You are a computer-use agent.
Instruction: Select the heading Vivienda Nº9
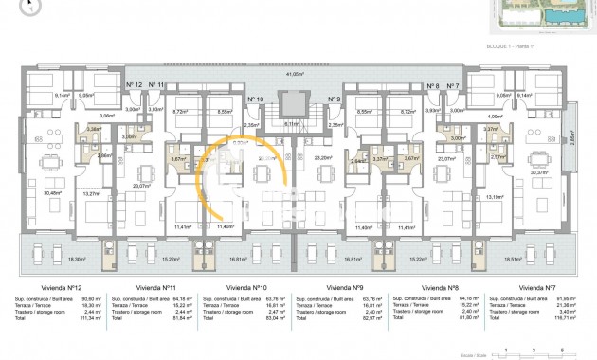pos(345,286)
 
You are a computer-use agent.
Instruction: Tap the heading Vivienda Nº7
pos(541,286)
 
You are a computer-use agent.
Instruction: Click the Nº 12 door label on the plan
pos(134,85)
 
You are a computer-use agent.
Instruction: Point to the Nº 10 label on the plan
pos(255,99)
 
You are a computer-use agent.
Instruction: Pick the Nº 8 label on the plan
pos(433,85)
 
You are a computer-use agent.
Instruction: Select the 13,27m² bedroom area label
pos(92,194)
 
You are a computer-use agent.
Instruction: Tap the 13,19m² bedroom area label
pos(494,196)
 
